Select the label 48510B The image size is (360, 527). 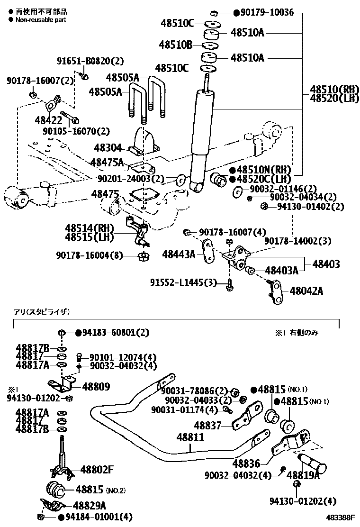click(175, 45)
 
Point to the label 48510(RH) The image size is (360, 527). click(335, 89)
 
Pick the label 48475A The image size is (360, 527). click(107, 163)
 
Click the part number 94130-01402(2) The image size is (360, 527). click(310, 207)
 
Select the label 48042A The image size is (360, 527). click(306, 291)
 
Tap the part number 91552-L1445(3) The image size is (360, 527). click(182, 283)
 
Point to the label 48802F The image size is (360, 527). click(97, 470)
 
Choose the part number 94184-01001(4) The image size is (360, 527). click(98, 517)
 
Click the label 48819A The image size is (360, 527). click(303, 475)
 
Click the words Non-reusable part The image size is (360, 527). click(41, 20)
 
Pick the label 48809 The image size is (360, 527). click(96, 387)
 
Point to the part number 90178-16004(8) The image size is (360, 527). click(89, 256)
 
